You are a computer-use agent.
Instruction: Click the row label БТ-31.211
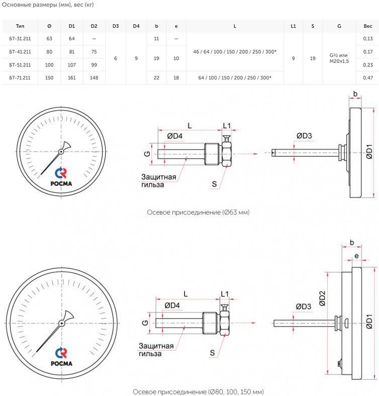tap(20, 39)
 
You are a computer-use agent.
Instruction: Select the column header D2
tap(94, 26)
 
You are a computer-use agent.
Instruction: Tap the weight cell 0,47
tap(368, 78)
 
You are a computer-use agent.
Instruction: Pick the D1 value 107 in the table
tap(72, 65)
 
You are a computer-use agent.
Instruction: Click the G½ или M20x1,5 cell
tap(339, 58)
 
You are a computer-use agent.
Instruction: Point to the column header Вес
tap(368, 26)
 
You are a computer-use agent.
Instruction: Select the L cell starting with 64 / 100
tap(235, 78)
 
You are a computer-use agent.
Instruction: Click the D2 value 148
tap(94, 78)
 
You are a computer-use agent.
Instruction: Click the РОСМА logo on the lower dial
tap(61, 357)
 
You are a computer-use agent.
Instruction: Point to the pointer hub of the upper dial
tap(61, 151)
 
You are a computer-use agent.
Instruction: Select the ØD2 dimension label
tap(322, 298)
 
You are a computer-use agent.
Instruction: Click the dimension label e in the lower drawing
tap(356, 256)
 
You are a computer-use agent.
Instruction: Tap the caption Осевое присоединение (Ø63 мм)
tap(198, 212)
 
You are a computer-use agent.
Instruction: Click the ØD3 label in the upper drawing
tap(304, 136)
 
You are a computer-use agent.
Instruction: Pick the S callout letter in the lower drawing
tap(212, 353)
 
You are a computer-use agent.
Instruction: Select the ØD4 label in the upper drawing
tap(174, 136)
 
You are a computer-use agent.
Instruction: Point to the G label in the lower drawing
tap(145, 323)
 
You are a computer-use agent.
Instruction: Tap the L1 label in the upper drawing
tap(227, 125)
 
